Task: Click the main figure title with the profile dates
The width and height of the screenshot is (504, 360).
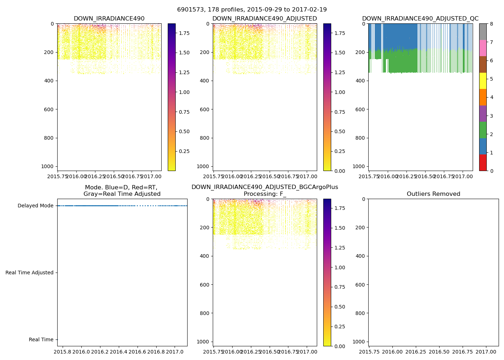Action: tap(252, 10)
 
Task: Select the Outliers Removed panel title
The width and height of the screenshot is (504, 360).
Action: tap(433, 194)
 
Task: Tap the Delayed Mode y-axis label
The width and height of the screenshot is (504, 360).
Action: tap(35, 206)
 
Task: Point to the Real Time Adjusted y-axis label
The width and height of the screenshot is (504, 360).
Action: tap(29, 273)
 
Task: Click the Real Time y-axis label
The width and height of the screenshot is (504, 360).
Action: tap(41, 340)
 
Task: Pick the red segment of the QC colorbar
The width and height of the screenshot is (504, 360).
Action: tap(483, 162)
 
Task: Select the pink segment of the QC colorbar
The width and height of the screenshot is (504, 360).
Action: tap(483, 48)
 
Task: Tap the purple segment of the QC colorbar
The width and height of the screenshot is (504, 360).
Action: tap(483, 113)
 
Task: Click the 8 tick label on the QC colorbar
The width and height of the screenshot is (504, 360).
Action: tap(491, 24)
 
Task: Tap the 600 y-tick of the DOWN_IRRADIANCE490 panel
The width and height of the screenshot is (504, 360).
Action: tap(49, 109)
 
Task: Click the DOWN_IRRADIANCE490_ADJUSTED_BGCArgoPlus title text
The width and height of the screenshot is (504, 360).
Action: tap(265, 187)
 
